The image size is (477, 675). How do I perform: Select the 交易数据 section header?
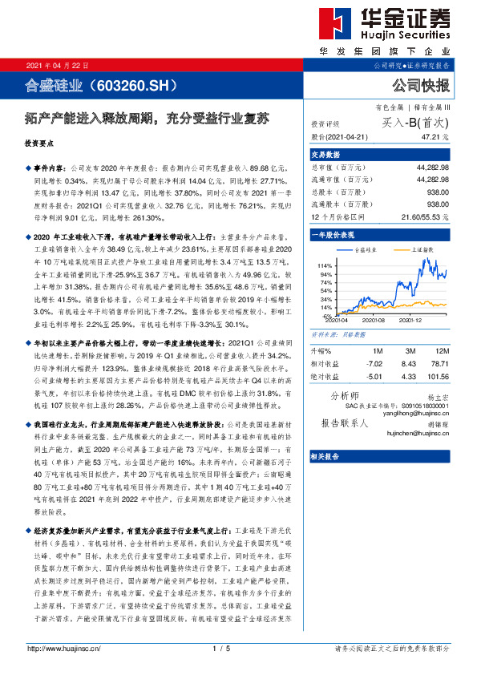[326, 155]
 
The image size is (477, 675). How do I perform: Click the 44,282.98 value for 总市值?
[432, 168]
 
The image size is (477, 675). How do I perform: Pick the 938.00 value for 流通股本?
[438, 204]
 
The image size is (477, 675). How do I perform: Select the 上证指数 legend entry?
[422, 251]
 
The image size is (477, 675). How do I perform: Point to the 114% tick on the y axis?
[325, 265]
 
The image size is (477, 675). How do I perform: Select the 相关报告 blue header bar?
[327, 456]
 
